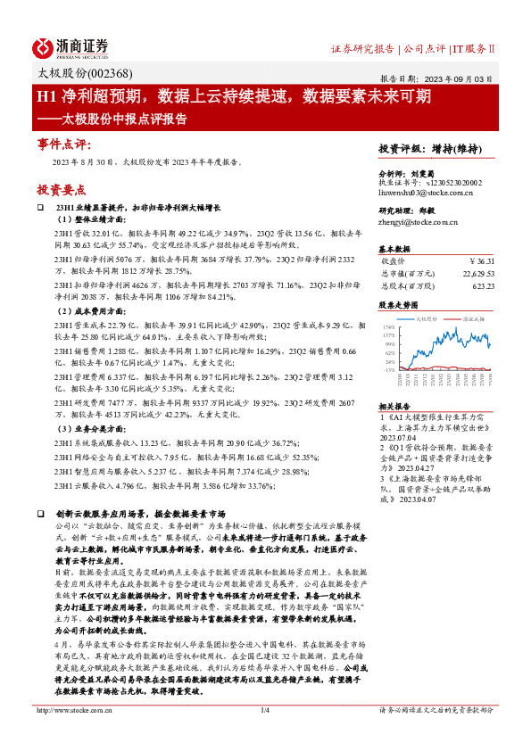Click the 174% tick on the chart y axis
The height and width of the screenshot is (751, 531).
(389, 327)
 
